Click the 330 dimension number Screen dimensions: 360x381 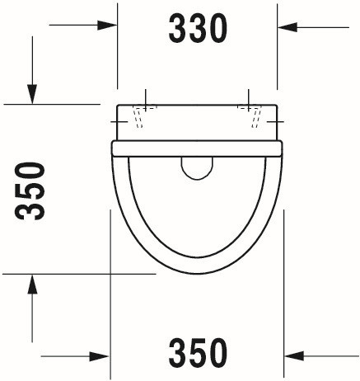(198, 29)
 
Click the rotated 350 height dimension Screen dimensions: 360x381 (30, 191)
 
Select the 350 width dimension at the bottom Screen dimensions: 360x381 (198, 353)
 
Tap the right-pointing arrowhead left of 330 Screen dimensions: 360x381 (107, 26)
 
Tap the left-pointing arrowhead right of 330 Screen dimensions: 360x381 (288, 27)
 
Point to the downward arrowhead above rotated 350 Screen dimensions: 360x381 (32, 95)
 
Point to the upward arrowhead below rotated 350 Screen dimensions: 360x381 (32, 284)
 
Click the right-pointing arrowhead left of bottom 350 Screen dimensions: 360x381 (100, 356)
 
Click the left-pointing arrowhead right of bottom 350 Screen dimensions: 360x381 (294, 356)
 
